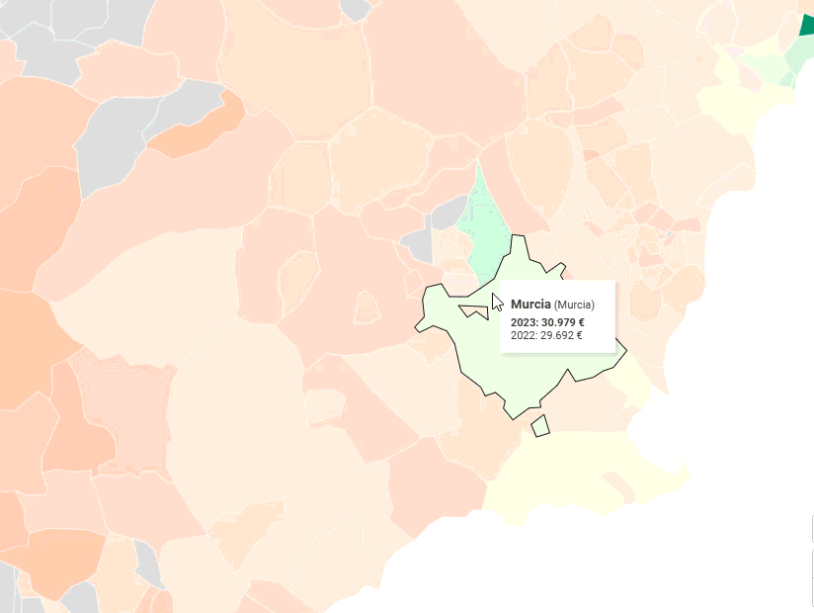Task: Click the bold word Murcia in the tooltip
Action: coord(529,305)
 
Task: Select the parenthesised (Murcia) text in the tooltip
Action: coord(574,305)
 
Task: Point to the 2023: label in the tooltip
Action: coord(525,322)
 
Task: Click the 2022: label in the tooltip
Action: coord(524,335)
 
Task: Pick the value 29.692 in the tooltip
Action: coord(557,335)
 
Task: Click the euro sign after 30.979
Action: coord(581,322)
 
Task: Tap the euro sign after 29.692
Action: coord(579,335)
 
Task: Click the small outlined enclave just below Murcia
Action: coord(539,426)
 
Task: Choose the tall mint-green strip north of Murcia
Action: coord(483,232)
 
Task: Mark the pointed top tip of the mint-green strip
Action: coord(478,161)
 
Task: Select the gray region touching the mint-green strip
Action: coord(450,213)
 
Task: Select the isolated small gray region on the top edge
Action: coord(355,9)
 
